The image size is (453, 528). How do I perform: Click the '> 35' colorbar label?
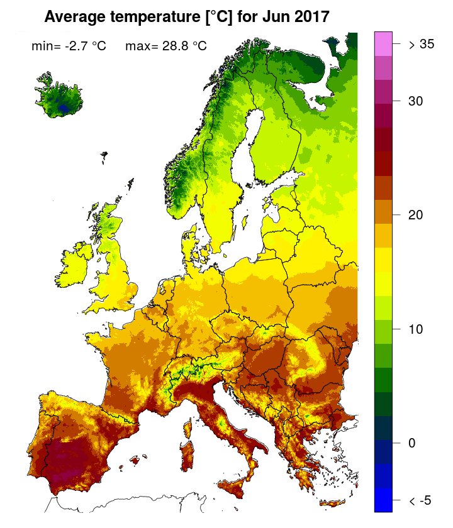click(x=421, y=45)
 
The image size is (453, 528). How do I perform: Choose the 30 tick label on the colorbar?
click(x=415, y=101)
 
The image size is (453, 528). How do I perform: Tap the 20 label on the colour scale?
click(x=415, y=215)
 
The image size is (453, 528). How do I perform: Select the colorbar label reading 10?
click(x=415, y=329)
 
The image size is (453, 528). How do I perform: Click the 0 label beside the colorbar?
click(x=412, y=443)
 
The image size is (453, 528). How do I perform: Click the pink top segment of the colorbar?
click(x=383, y=43)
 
